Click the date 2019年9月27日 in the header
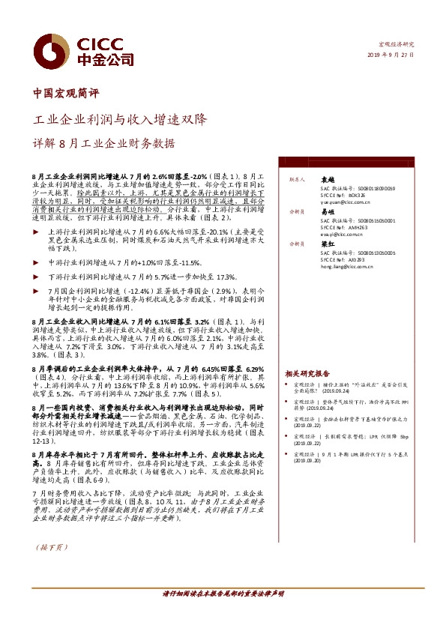[x=390, y=55]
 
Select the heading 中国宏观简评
[x=67, y=94]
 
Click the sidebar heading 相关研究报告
[x=307, y=372]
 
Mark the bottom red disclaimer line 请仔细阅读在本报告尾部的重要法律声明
[x=223, y=594]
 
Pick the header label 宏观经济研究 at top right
[x=396, y=45]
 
